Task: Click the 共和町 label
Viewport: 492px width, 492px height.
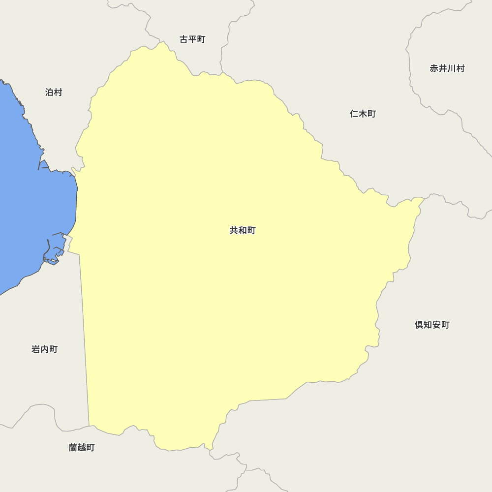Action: point(243,230)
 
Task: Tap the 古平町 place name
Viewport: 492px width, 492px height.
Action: point(192,39)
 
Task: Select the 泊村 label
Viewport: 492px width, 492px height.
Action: point(54,92)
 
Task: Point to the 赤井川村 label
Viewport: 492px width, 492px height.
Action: point(447,68)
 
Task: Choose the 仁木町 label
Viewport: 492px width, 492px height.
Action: point(363,114)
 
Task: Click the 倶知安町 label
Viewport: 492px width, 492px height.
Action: point(432,325)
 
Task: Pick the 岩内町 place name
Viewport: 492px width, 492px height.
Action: point(45,349)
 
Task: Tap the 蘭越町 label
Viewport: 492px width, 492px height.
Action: point(82,448)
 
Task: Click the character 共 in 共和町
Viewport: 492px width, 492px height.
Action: point(234,230)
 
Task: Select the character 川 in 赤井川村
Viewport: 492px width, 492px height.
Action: point(452,68)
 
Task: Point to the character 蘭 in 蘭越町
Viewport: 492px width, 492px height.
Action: point(73,448)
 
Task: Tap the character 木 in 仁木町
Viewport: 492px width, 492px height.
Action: point(363,114)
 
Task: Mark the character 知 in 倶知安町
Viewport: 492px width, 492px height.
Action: point(428,325)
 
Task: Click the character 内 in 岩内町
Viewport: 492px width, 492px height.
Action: point(45,349)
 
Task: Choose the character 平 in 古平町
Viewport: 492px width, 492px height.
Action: point(192,39)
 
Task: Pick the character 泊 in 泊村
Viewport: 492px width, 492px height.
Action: point(49,92)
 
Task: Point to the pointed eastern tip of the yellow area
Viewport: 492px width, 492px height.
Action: point(423,198)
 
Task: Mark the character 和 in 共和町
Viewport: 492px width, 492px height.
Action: point(243,230)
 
